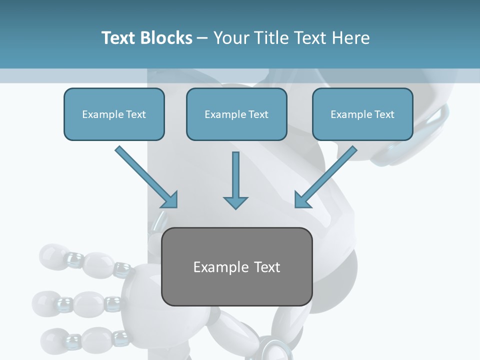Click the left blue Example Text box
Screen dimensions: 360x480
114,114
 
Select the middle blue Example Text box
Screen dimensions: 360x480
236,114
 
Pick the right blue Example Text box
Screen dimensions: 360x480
362,114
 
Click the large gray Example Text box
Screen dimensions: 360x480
237,267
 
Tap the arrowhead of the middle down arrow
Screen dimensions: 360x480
235,202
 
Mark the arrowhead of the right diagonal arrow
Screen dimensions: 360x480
302,200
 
